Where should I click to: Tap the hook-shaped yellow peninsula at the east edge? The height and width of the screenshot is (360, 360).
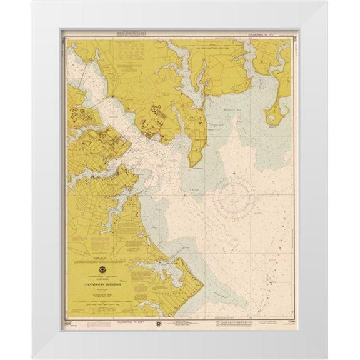tap(275, 113)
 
